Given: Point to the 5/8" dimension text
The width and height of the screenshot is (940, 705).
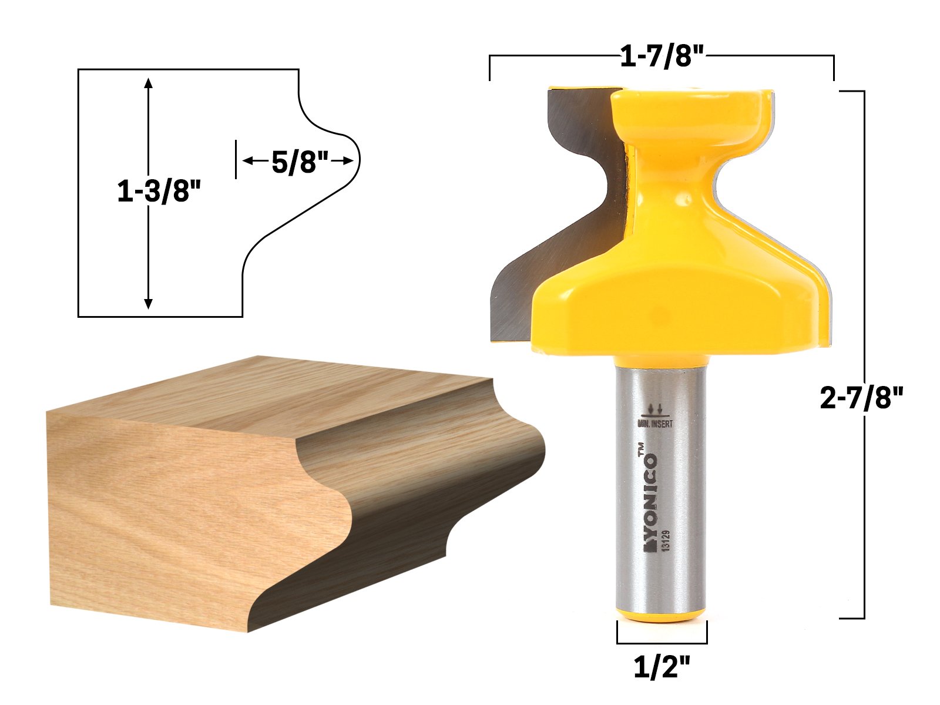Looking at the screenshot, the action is pos(300,162).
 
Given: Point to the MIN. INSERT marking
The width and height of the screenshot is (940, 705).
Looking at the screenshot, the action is pos(656,424).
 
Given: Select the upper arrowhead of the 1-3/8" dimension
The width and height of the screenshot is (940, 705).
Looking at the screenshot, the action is pos(149,83).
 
